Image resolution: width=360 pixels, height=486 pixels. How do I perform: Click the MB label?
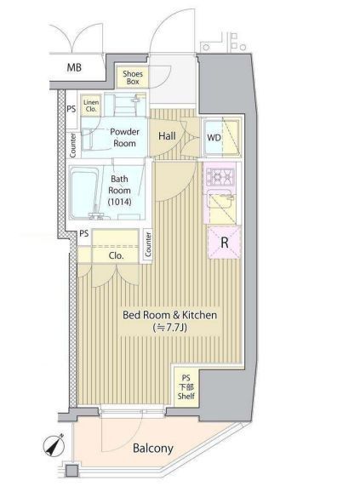click(x=74, y=67)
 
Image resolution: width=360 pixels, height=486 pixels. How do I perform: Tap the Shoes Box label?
click(x=133, y=77)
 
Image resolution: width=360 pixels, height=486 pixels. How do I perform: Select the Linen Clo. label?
click(x=91, y=106)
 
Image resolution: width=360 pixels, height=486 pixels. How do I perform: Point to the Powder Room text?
click(x=124, y=137)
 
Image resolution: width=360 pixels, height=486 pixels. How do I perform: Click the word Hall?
click(x=167, y=136)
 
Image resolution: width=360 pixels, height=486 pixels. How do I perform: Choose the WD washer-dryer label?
click(x=214, y=137)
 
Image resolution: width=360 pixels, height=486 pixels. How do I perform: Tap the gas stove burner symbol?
click(x=220, y=177)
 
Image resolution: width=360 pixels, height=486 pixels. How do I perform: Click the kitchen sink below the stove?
click(x=221, y=199)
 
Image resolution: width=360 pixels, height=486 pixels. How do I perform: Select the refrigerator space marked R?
click(x=225, y=242)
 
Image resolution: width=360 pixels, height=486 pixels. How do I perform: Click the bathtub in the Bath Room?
click(x=84, y=192)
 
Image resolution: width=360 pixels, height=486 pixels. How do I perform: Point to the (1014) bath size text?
click(x=120, y=202)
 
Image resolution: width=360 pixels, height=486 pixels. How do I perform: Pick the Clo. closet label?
click(x=117, y=255)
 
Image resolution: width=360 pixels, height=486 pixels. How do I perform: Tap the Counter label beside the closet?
click(x=148, y=244)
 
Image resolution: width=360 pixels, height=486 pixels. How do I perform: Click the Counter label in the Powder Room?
click(x=73, y=145)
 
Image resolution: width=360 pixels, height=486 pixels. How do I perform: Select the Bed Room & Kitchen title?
click(x=169, y=315)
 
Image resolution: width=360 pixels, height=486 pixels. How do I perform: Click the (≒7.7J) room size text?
click(x=170, y=328)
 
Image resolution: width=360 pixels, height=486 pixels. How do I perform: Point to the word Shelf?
click(x=186, y=396)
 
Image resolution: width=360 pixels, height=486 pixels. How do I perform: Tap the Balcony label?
click(x=152, y=449)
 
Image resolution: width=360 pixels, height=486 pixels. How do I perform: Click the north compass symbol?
click(x=54, y=446)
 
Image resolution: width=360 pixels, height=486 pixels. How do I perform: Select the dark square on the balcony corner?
click(x=71, y=471)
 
